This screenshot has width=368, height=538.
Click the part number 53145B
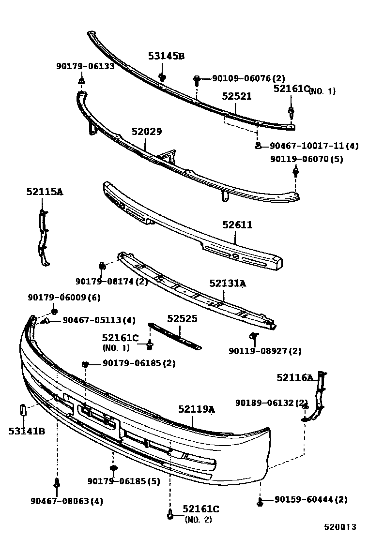click(166, 56)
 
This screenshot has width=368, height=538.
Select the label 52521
click(237, 96)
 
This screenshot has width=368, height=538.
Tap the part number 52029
click(146, 132)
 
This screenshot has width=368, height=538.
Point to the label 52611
click(237, 225)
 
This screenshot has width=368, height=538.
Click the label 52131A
click(227, 284)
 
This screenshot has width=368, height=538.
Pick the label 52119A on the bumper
click(196, 409)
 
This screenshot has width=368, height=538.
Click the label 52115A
click(45, 192)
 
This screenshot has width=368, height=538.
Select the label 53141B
click(27, 431)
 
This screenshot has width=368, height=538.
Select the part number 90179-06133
click(85, 66)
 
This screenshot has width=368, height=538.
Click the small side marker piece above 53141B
click(22, 410)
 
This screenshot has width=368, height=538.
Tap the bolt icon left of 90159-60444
click(260, 501)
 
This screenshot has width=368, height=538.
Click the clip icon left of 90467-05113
click(46, 320)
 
